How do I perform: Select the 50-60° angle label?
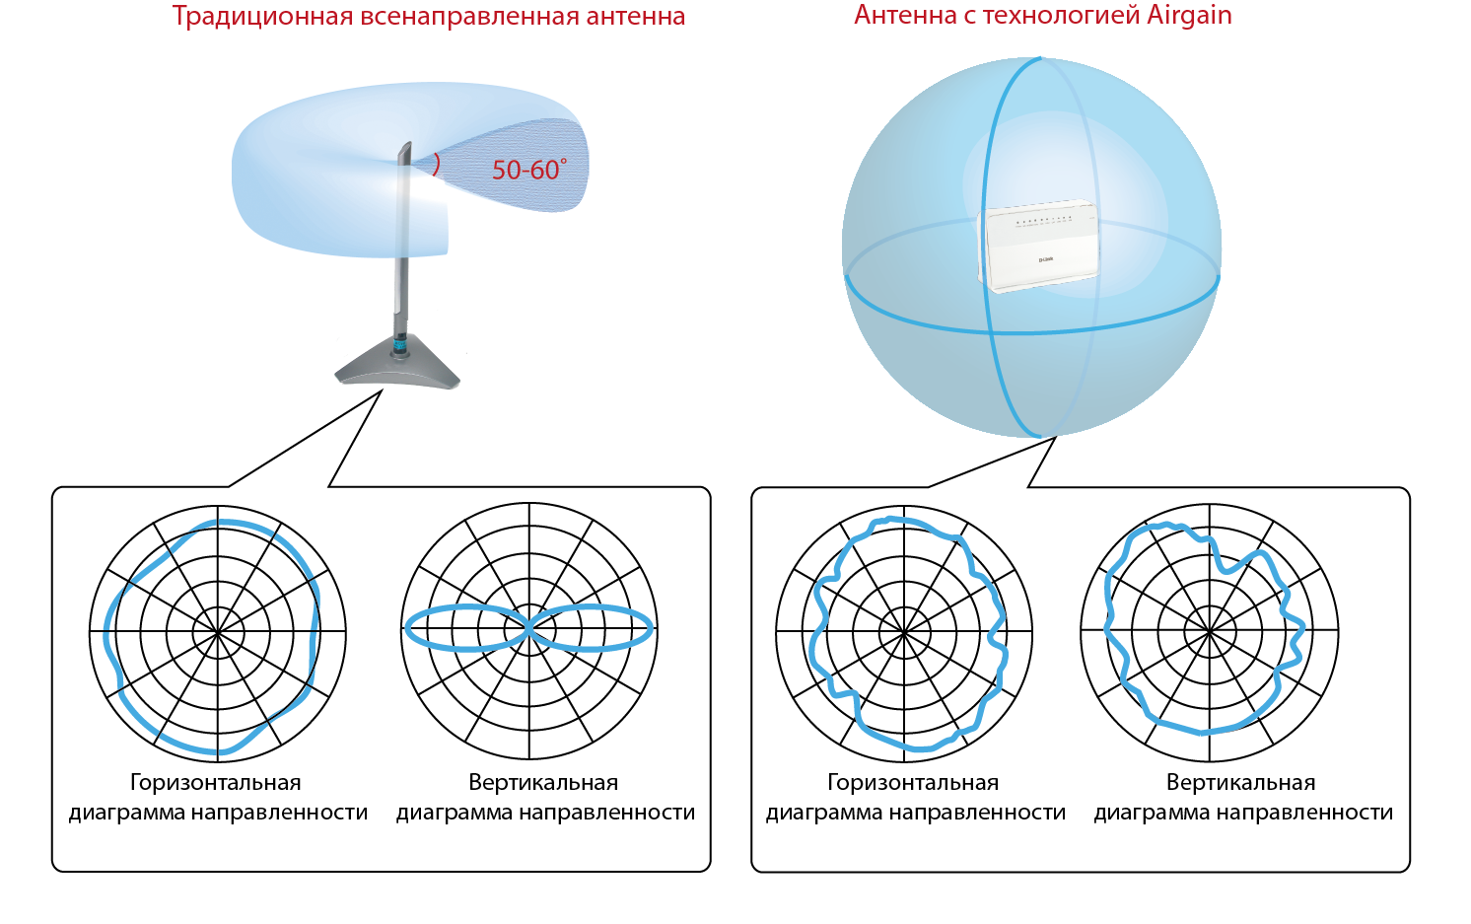pos(528,171)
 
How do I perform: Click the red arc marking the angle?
pos(436,165)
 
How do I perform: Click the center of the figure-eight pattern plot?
pos(529,627)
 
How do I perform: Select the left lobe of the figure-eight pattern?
pos(463,627)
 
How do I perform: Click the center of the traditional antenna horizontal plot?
pos(218,632)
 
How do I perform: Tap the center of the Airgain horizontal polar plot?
pos(904,632)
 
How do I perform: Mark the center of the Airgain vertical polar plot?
pos(1210,632)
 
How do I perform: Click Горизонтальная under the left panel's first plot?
pos(216,783)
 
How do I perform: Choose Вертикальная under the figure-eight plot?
pos(543,783)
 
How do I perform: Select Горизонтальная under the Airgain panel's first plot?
pos(913,783)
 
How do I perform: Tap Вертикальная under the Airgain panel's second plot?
pos(1240,783)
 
